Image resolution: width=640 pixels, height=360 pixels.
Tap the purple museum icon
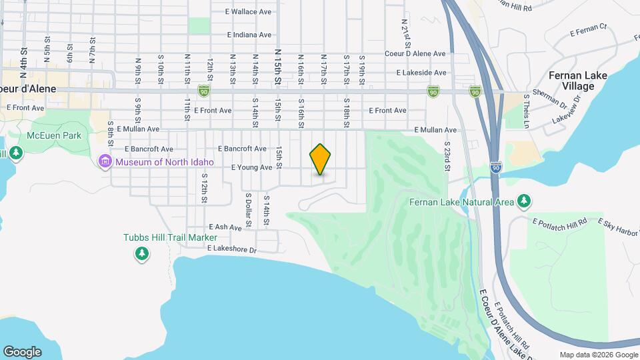click(104, 162)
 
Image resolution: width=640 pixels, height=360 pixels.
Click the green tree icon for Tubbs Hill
click(141, 253)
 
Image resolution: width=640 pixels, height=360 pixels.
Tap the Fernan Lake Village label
click(577, 81)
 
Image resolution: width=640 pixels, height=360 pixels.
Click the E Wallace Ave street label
click(249, 12)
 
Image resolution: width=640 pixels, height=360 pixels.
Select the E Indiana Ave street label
click(249, 35)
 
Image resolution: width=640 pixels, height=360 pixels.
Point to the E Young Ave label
click(251, 167)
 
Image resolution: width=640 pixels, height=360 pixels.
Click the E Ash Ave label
click(225, 227)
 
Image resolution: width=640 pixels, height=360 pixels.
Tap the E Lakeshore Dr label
click(231, 249)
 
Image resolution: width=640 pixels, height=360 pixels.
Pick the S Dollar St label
click(247, 209)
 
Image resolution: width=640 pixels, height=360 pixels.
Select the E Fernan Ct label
click(589, 30)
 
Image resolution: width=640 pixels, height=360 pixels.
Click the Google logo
click(22, 351)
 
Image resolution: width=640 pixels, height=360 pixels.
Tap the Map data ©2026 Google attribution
click(599, 355)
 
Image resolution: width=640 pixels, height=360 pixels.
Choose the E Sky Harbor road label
click(618, 227)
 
